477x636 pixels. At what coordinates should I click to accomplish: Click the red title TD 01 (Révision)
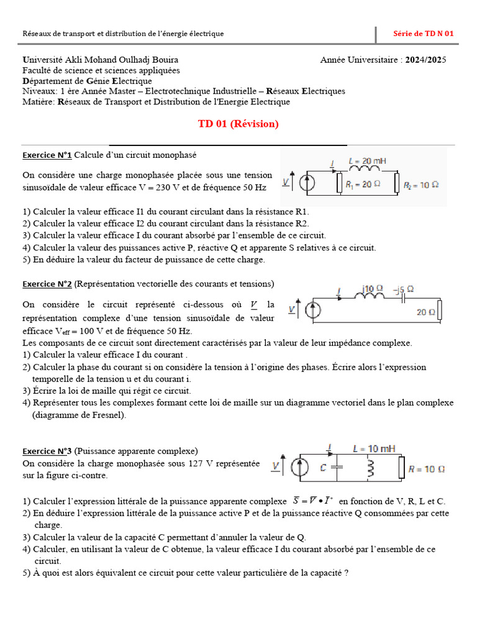tap(238, 124)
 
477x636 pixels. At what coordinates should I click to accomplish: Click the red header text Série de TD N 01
tap(424, 34)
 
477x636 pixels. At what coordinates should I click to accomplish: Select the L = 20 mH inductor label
tap(368, 161)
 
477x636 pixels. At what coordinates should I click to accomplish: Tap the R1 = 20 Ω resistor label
tap(363, 184)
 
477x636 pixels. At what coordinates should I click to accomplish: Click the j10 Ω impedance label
tap(373, 288)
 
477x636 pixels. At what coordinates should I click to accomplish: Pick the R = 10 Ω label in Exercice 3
tap(426, 469)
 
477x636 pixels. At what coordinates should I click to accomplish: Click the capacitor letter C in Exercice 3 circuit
tap(324, 468)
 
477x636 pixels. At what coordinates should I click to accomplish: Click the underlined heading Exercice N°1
tap(47, 155)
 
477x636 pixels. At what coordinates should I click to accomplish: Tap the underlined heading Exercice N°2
tap(47, 284)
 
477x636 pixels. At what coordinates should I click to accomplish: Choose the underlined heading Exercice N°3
tap(47, 451)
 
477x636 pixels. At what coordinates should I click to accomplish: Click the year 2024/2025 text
tap(425, 60)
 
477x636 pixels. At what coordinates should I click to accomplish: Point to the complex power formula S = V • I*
tap(312, 501)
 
